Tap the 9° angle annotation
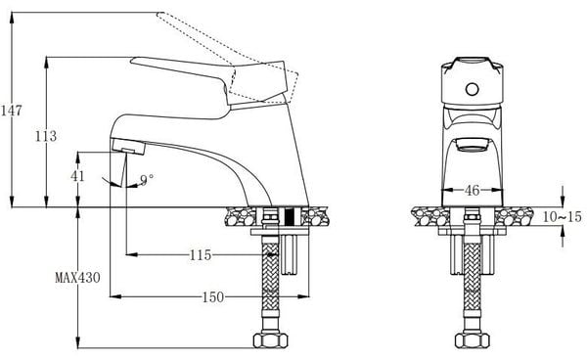(x=147, y=179)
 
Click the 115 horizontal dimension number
(x=201, y=256)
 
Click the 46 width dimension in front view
(x=471, y=191)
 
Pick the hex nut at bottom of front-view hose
(x=471, y=343)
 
